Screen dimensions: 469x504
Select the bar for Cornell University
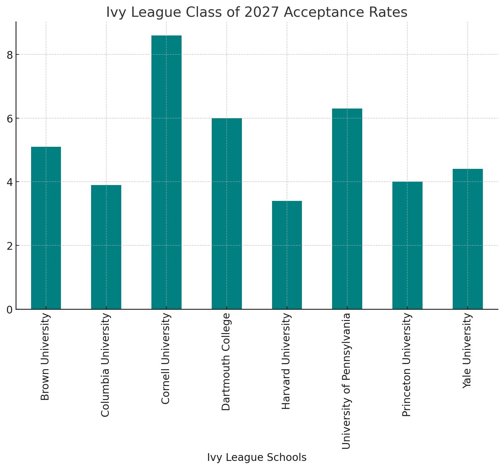(x=166, y=172)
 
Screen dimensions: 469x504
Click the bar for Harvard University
(x=287, y=255)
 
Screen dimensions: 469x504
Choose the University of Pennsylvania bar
(x=347, y=209)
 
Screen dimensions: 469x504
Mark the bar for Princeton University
(x=407, y=245)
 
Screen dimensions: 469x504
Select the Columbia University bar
(x=106, y=247)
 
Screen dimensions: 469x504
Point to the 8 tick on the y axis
(x=10, y=55)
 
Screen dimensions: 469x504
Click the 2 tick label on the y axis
(x=10, y=246)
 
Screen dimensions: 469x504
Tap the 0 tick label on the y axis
(x=10, y=310)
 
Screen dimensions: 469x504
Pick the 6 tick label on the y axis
(x=10, y=118)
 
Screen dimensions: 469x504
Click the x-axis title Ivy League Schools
(x=257, y=457)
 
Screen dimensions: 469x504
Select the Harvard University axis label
(x=286, y=361)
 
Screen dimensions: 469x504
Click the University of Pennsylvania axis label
(x=346, y=381)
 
